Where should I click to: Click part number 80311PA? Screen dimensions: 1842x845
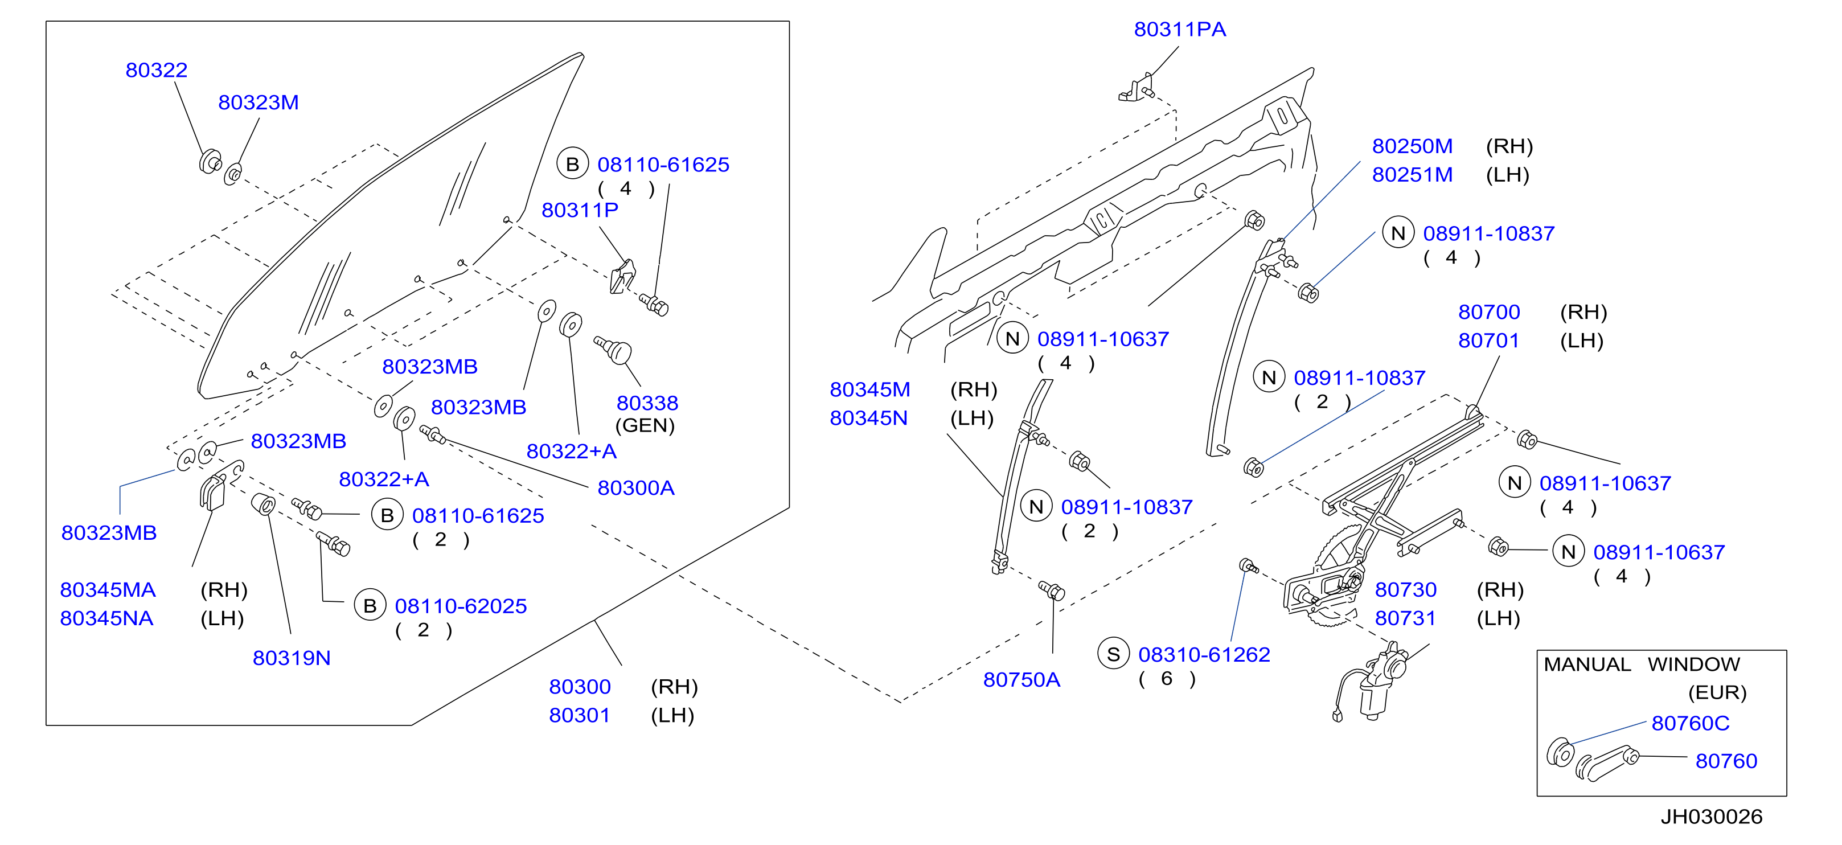pos(1179,29)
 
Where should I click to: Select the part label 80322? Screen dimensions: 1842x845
pos(156,70)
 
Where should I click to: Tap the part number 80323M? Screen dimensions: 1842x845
pos(258,102)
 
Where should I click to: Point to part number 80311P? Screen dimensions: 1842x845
pos(579,210)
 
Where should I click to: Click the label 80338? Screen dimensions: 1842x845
pos(647,403)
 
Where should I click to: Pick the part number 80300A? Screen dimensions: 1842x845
pos(635,489)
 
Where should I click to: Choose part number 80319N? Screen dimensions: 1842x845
pos(292,658)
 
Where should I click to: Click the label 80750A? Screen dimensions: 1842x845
pos(1021,680)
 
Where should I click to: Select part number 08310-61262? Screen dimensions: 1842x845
pos(1204,655)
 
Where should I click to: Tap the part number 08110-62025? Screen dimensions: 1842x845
pos(461,606)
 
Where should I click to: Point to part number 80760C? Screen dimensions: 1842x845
pos(1691,724)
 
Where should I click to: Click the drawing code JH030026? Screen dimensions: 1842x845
pos(1711,817)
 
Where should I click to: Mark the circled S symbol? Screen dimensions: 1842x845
pos(1113,654)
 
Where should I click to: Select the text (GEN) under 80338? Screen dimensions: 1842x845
pos(645,426)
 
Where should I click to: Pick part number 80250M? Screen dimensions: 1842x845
pos(1412,146)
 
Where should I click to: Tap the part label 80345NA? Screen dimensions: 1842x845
pos(106,619)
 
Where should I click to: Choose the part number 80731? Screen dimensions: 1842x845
pos(1405,619)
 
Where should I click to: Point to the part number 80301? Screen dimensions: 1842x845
pos(579,716)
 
